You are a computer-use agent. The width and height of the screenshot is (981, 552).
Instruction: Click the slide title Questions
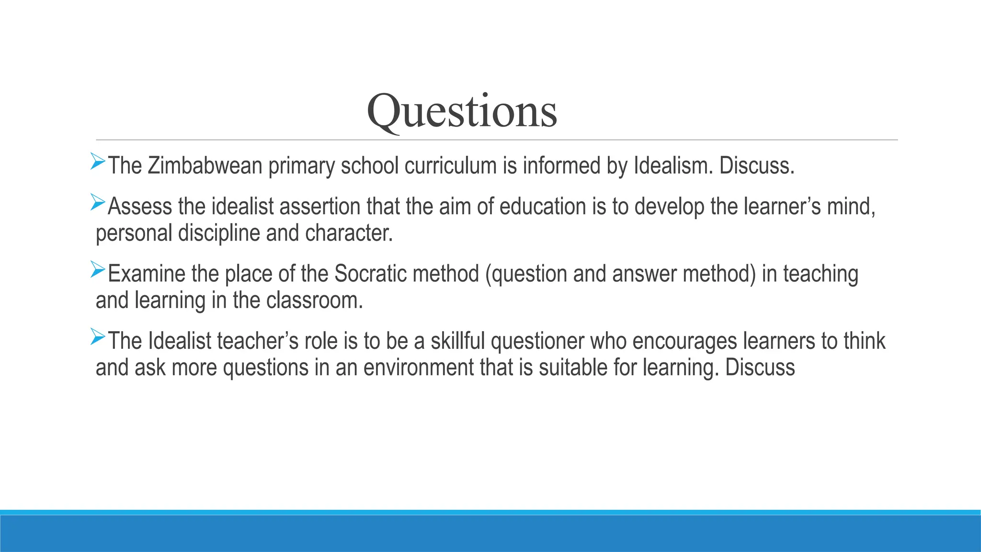click(462, 111)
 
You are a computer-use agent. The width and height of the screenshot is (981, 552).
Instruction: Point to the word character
click(349, 233)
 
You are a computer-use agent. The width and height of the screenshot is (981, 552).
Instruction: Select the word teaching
click(821, 275)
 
